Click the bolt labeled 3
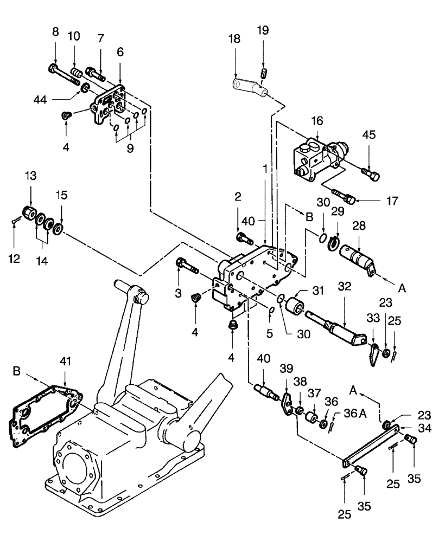[x=188, y=265]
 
